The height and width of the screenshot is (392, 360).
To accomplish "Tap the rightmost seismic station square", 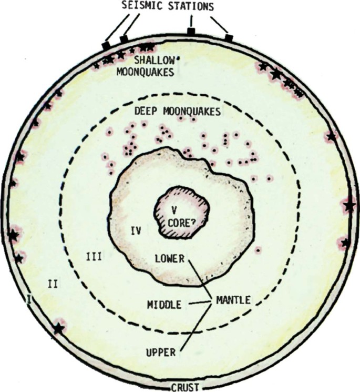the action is pos(229,37).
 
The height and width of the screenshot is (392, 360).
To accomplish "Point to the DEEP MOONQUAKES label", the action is pos(177,112).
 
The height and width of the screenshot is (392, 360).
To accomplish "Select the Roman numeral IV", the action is pos(136,230).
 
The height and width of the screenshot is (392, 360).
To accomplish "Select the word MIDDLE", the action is pos(164,305).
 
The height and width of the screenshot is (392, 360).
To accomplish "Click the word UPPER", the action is pos(160,352).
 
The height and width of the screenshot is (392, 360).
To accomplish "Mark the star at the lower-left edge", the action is pos(59,328).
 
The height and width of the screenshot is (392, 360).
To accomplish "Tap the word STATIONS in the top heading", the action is pos(196,8).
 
